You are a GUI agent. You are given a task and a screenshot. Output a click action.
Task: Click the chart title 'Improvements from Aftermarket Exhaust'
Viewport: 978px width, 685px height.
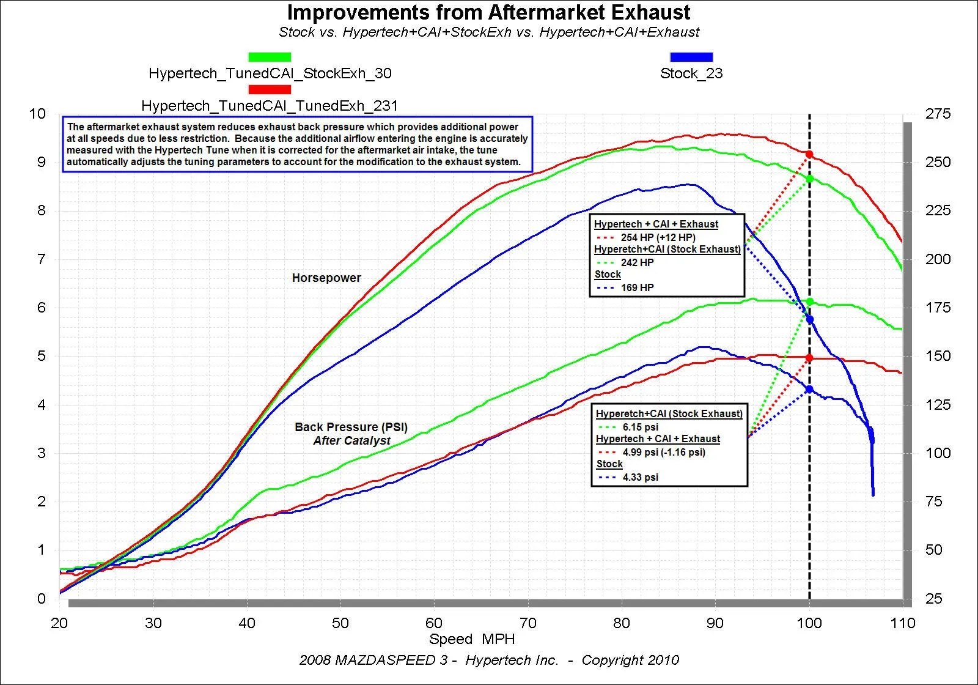[x=488, y=12]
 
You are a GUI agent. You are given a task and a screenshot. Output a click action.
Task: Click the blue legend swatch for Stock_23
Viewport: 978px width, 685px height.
[x=691, y=57]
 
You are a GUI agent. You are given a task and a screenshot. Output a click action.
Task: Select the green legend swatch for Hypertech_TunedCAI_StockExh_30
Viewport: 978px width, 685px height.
[x=270, y=57]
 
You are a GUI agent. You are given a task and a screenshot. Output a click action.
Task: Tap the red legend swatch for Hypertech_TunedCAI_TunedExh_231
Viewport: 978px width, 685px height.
[x=270, y=89]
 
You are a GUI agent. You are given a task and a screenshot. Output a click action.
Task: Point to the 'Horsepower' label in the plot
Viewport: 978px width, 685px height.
[x=326, y=278]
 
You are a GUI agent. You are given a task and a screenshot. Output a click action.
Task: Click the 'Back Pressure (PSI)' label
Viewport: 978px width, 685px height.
[x=351, y=427]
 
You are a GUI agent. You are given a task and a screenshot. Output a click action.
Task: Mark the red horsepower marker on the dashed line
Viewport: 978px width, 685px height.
[x=809, y=154]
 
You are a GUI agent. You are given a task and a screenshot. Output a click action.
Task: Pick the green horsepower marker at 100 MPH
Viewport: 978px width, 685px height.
[x=809, y=179]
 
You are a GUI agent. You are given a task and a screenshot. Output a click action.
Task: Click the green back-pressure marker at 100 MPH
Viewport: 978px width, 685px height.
[x=809, y=302]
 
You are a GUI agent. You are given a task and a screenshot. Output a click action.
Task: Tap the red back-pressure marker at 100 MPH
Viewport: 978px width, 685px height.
[x=809, y=358]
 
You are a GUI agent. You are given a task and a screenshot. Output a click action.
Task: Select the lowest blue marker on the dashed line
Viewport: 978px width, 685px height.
[x=809, y=389]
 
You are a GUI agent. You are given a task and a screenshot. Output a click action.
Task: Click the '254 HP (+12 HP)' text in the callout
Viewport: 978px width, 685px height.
[x=658, y=237]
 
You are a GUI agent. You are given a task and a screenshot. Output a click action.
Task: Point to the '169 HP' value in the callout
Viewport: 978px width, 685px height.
[x=637, y=287]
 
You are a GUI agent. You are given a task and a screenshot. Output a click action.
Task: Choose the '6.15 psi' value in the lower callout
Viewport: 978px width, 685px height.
[x=640, y=427]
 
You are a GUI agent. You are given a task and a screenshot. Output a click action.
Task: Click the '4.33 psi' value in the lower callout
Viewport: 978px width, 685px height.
[x=640, y=477]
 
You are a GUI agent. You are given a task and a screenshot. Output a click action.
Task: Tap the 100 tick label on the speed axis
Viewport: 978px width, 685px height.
[x=809, y=623]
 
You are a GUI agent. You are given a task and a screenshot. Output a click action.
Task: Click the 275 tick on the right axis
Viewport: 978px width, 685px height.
[x=938, y=114]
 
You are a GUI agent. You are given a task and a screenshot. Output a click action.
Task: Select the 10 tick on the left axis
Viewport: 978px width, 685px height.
[x=37, y=114]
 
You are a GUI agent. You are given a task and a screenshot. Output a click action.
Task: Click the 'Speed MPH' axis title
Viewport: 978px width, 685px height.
[x=472, y=639]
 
